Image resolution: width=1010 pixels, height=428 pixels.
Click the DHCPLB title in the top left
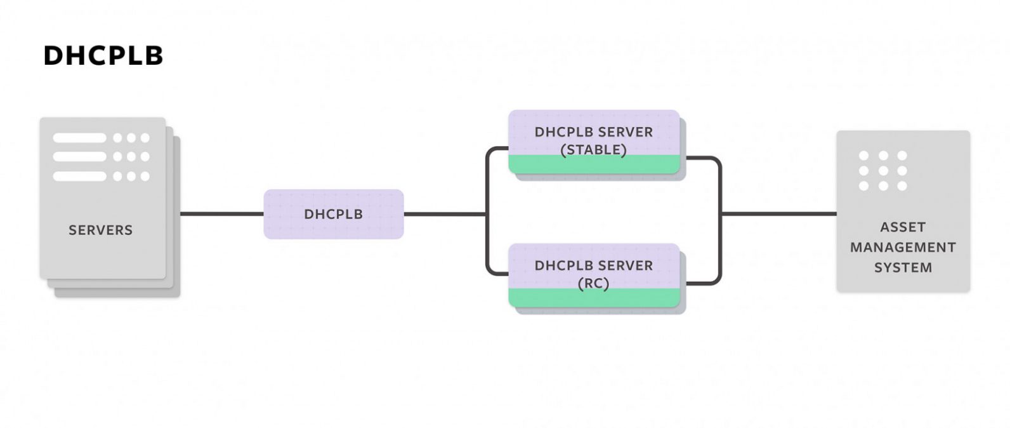[103, 56]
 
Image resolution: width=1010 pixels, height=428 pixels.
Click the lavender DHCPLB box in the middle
[333, 214]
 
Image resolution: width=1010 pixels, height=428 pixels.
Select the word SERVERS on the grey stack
[100, 230]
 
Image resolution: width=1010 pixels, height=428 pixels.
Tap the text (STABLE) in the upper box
[593, 150]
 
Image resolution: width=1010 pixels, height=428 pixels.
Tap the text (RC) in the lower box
[593, 283]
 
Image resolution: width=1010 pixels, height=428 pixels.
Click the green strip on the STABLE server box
[593, 164]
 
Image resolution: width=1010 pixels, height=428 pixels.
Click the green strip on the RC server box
[593, 298]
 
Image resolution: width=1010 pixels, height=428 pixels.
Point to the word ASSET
[902, 227]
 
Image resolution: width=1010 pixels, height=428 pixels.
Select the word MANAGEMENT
[902, 247]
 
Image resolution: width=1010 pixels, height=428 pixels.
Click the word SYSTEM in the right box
[902, 267]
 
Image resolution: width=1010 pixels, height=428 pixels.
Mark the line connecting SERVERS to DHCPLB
[221, 214]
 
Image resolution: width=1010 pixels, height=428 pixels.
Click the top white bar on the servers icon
[79, 138]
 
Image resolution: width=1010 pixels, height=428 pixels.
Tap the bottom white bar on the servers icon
[79, 176]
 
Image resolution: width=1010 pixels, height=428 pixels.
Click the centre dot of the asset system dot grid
[882, 171]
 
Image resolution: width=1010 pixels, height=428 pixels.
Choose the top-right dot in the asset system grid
[902, 156]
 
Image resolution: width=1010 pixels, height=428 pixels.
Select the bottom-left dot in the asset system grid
[863, 186]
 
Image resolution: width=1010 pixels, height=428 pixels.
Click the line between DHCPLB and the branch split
[444, 214]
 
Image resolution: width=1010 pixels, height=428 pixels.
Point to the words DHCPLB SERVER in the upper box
[593, 132]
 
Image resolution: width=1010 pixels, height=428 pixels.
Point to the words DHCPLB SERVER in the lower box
[593, 265]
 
